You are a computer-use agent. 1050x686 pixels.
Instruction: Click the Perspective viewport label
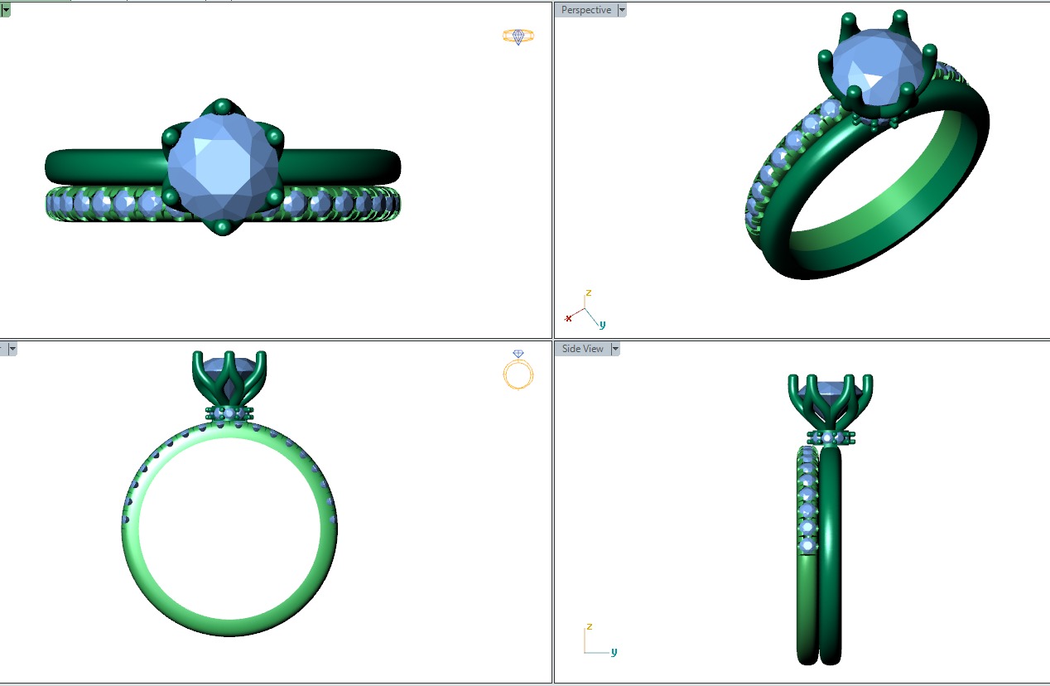586,10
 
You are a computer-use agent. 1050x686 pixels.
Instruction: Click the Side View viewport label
583,349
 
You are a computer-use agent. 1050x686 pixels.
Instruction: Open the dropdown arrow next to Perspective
622,10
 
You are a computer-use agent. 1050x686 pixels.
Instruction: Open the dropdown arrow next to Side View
615,349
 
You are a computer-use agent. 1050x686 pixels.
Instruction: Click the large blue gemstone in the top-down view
223,167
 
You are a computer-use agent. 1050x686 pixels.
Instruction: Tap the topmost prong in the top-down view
223,106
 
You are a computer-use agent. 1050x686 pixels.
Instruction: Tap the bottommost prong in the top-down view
223,227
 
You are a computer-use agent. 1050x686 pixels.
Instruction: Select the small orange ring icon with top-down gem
518,36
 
